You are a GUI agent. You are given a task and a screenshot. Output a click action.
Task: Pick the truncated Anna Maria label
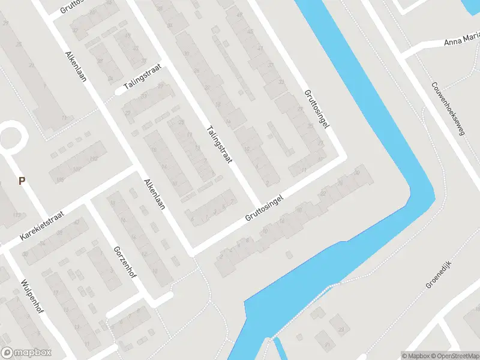(x=461, y=40)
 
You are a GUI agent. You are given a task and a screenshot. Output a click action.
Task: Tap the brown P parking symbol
(x=22, y=181)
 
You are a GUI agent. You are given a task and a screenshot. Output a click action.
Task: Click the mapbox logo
(x=26, y=353)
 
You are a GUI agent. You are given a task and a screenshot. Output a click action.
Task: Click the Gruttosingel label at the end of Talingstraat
(x=265, y=207)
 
